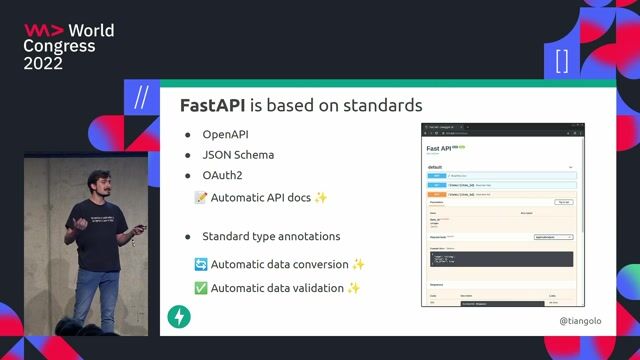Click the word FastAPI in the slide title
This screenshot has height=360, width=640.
(213, 105)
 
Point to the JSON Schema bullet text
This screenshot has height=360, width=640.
(238, 155)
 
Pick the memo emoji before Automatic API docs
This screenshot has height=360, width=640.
(200, 197)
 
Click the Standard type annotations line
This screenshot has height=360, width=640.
(271, 237)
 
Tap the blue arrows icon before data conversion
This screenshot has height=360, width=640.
(200, 264)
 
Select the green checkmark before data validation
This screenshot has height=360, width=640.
(200, 288)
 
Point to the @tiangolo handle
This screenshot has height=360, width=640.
(581, 321)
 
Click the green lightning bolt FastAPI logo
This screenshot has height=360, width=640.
(180, 318)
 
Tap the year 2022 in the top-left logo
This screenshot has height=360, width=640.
(43, 63)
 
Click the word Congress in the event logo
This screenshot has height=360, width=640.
(59, 46)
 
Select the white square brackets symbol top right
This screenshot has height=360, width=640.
(561, 61)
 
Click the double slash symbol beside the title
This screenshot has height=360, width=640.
(141, 97)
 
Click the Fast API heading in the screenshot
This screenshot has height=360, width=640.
(440, 147)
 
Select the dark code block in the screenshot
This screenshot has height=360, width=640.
(501, 258)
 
